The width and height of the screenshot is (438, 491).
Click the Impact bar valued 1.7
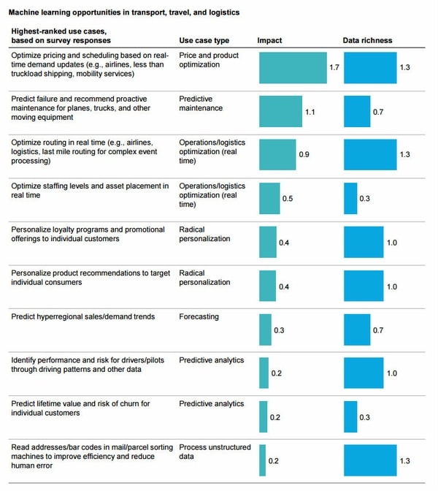pos(293,67)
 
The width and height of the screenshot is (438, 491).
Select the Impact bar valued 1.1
pos(280,112)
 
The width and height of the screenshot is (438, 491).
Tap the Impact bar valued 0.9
pos(277,154)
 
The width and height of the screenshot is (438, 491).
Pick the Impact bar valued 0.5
pos(269,198)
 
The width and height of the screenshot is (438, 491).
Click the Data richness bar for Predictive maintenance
pos(357,112)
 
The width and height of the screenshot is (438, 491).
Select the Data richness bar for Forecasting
pos(357,330)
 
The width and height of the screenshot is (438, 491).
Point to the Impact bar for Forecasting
pos(265,330)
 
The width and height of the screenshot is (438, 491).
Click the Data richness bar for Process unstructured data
pos(370,460)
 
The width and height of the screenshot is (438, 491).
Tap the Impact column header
pos(269,40)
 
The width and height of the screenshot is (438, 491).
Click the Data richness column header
pos(367,40)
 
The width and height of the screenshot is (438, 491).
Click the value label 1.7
pos(334,67)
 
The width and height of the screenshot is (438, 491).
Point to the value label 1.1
pos(310,112)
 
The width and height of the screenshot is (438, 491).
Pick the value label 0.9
pos(304,155)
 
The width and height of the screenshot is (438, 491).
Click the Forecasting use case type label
pos(199,317)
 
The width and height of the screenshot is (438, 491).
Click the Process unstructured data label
pos(215,452)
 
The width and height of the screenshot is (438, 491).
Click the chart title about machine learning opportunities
pos(123,12)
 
